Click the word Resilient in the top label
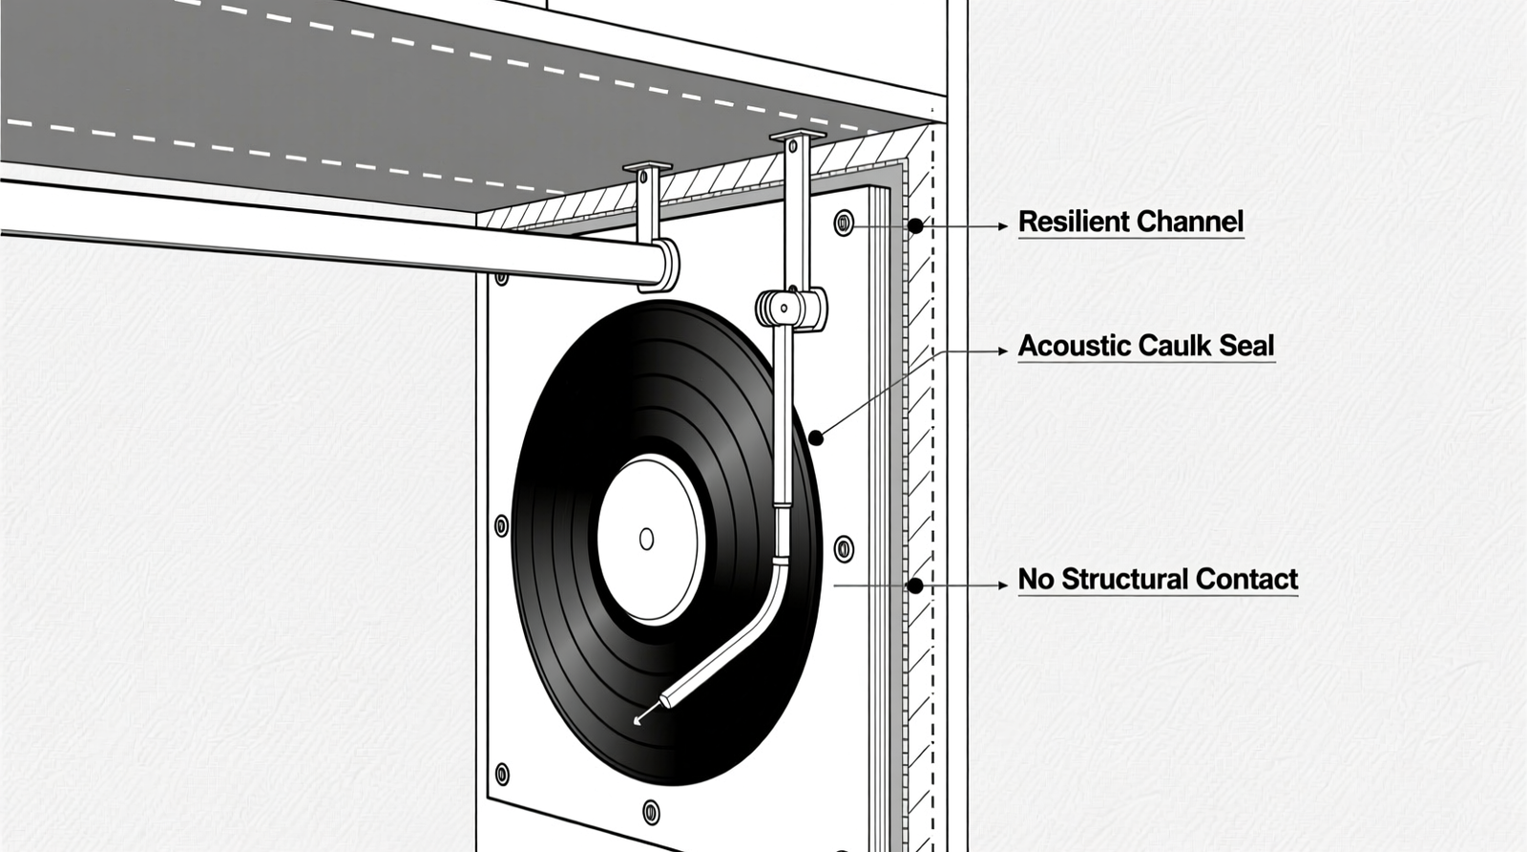(1074, 222)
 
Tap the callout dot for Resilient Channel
(915, 226)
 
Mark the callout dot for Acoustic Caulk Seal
(816, 438)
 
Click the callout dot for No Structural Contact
(915, 586)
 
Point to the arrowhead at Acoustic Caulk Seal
(1002, 351)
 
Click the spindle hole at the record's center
(646, 539)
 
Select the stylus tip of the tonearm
(638, 719)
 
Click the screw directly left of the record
(502, 525)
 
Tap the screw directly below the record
(651, 812)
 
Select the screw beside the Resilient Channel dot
(844, 224)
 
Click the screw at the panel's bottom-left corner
(502, 774)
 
